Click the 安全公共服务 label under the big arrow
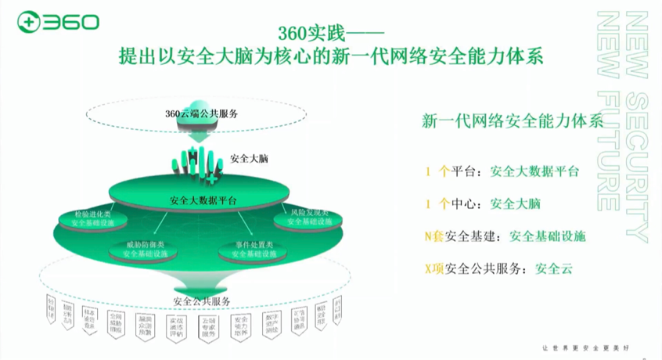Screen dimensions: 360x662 202,301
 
